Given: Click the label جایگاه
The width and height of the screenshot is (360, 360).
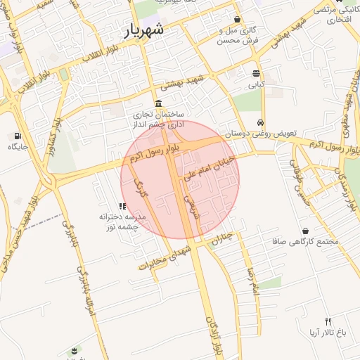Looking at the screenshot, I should coord(18,147).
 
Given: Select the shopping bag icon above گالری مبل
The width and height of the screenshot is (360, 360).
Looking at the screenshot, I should coord(238,20).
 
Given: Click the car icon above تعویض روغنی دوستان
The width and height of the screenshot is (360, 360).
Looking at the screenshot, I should coord(261,122).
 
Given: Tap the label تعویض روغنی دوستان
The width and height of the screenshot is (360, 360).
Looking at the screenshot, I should coord(261,133).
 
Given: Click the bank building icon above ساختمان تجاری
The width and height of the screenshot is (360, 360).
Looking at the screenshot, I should coord(157,103).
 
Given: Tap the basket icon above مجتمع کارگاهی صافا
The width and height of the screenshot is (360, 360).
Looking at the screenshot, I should coord(306,231).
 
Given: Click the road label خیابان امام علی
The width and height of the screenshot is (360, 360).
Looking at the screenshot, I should coord(208,169).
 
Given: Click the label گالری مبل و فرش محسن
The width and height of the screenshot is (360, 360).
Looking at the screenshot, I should coord(238,36).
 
